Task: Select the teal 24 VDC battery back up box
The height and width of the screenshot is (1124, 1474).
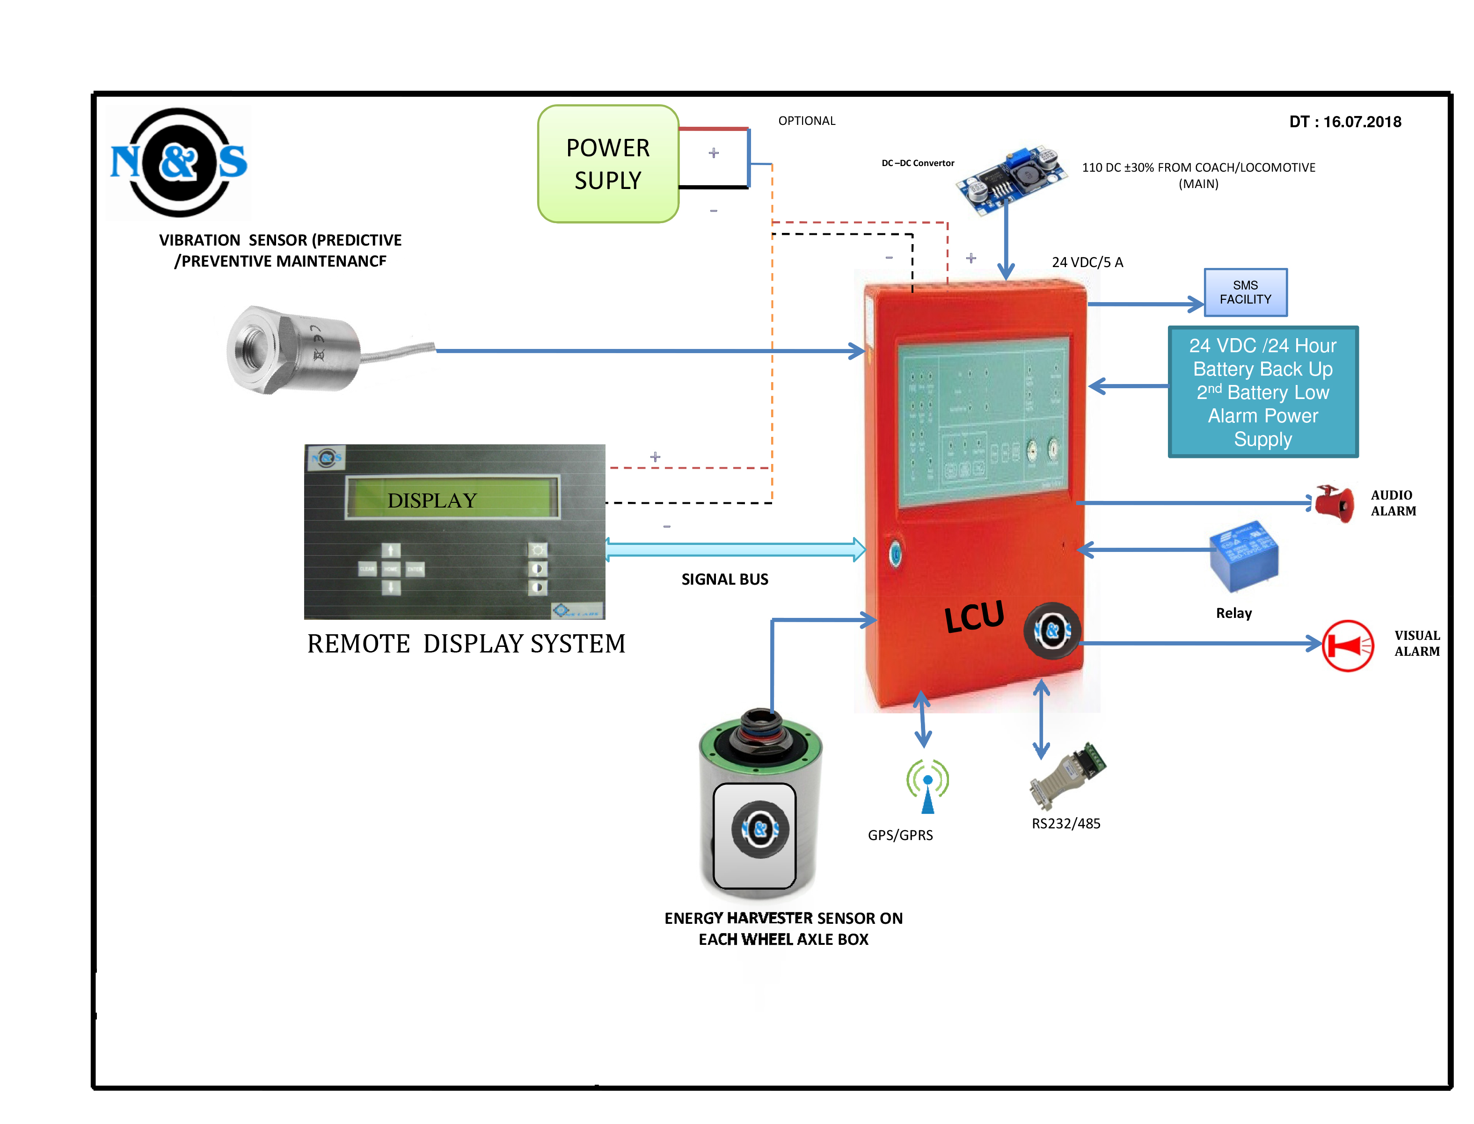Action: coord(1262,392)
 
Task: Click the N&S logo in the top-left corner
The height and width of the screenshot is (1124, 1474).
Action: coord(179,163)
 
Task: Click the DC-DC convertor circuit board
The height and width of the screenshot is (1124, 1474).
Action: coord(1010,179)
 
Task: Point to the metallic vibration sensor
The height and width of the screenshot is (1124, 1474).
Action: coord(294,350)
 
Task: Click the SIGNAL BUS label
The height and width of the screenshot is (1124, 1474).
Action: coord(724,580)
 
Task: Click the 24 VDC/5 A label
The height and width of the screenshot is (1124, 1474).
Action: coord(1087,262)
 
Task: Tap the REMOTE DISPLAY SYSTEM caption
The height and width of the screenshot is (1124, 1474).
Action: coord(466,644)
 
